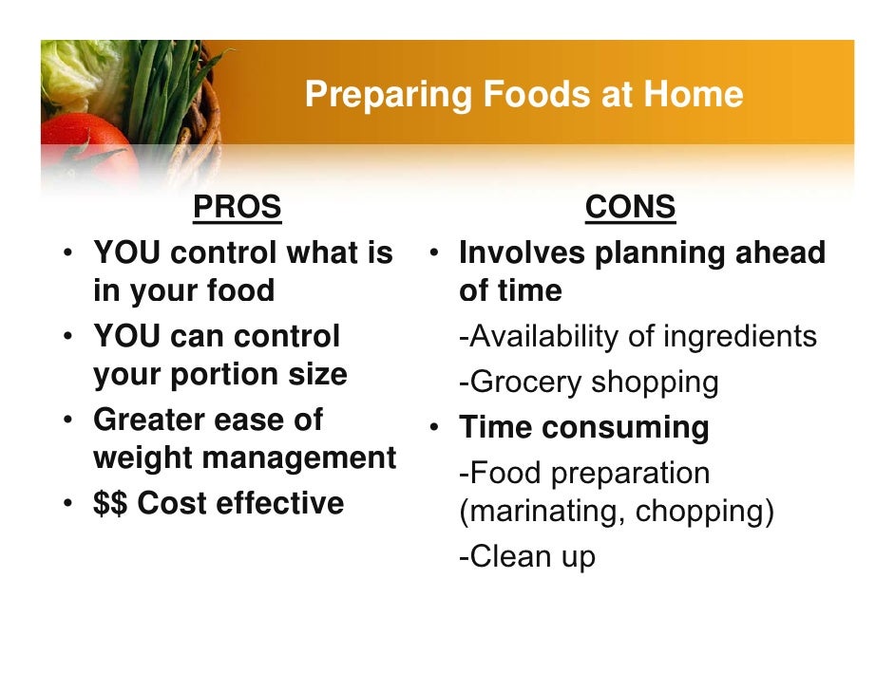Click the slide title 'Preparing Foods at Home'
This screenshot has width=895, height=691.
point(524,95)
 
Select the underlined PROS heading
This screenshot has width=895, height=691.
point(237,207)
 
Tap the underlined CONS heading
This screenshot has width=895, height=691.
point(630,207)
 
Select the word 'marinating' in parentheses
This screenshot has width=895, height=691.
point(541,512)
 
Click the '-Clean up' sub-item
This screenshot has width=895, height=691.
point(526,556)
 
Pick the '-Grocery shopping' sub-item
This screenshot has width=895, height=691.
point(588,383)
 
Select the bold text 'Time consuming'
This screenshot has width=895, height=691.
point(583,427)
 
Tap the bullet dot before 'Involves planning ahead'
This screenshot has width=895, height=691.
point(433,253)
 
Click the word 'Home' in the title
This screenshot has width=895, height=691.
point(693,95)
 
